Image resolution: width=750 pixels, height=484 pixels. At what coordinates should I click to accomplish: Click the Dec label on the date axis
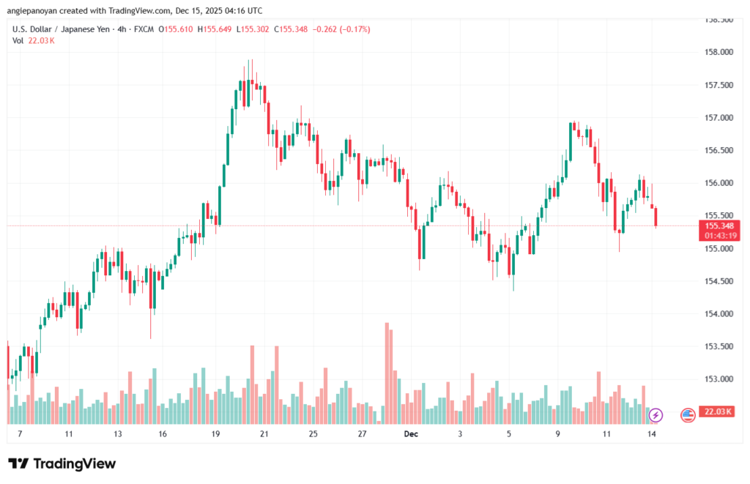411,434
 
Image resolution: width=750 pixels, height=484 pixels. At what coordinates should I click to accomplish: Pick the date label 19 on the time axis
216,434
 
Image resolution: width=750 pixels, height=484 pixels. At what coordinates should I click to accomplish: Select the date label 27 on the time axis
362,434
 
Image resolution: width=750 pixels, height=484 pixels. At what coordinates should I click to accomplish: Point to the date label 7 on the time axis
20,434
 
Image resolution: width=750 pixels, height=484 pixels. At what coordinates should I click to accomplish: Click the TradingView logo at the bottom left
62,463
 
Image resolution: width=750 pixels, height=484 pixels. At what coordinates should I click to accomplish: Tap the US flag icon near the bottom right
688,415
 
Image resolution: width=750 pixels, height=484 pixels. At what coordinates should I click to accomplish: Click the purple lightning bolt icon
656,415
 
